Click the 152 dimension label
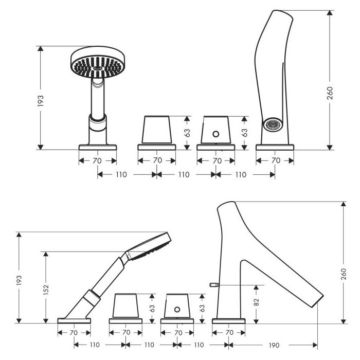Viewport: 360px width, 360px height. (x=46, y=290)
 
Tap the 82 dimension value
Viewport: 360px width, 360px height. (x=257, y=302)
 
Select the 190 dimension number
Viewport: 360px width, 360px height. (x=274, y=345)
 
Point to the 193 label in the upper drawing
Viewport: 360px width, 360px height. (x=41, y=101)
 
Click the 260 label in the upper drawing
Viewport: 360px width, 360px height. (x=330, y=93)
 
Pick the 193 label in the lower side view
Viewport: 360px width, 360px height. (x=19, y=280)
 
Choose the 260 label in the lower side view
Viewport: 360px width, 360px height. (x=344, y=274)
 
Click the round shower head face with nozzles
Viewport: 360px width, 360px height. (x=98, y=66)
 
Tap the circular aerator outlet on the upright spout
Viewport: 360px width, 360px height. (x=273, y=124)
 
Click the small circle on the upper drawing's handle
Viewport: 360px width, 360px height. (x=216, y=134)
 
